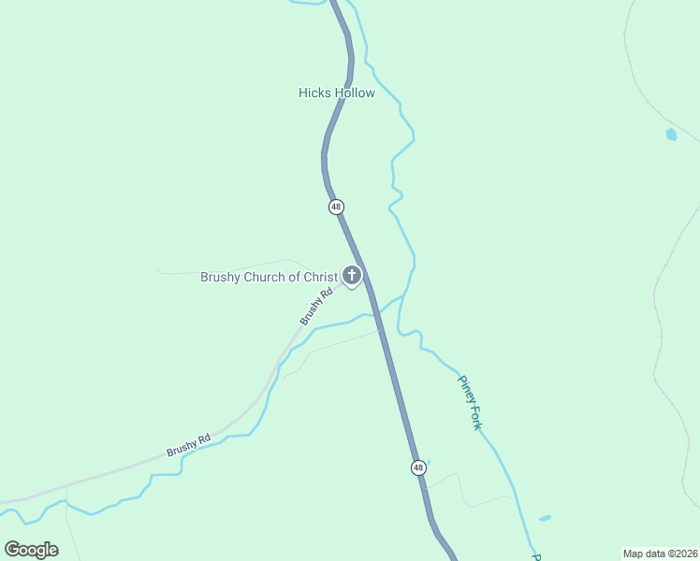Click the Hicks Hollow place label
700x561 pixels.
click(337, 93)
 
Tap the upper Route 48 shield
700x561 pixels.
click(337, 207)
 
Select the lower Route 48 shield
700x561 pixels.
click(417, 467)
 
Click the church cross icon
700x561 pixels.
click(352, 275)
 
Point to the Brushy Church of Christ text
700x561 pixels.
click(269, 277)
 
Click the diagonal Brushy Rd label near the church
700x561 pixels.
click(316, 307)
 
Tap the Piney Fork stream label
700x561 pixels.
click(469, 402)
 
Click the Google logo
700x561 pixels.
click(31, 549)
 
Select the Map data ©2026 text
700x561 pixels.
click(660, 553)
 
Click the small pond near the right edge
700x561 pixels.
click(671, 135)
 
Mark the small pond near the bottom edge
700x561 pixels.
click(545, 518)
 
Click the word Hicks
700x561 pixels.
click(314, 93)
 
